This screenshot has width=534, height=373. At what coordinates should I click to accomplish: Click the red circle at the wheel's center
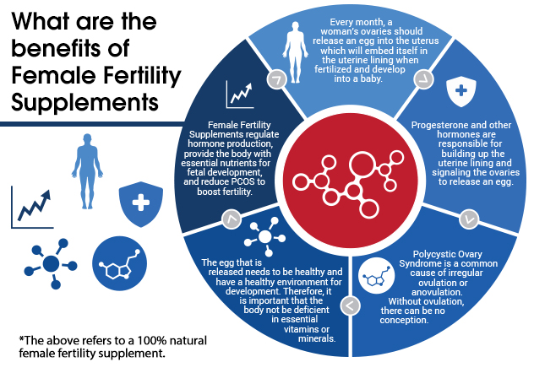click(x=350, y=181)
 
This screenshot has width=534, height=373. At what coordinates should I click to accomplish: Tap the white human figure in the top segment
click(x=295, y=52)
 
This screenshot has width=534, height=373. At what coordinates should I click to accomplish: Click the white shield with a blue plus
click(x=461, y=91)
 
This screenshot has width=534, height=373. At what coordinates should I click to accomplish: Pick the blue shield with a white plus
click(x=140, y=204)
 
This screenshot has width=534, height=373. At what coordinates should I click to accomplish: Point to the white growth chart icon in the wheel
click(x=240, y=95)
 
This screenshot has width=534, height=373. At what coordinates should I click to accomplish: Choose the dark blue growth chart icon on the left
click(x=32, y=207)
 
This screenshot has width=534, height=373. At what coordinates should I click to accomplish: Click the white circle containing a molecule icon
click(x=376, y=275)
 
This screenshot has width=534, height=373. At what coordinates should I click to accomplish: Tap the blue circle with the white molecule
click(x=119, y=263)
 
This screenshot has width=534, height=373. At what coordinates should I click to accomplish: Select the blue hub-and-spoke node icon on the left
click(x=51, y=263)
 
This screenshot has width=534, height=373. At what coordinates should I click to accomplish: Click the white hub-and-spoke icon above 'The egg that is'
click(x=265, y=236)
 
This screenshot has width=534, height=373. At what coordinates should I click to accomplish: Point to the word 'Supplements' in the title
click(x=84, y=102)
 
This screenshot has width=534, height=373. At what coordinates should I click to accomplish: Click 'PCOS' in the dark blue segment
click(x=242, y=181)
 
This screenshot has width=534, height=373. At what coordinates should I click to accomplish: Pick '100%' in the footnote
click(x=149, y=340)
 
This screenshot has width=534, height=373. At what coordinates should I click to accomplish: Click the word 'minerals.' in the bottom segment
click(x=317, y=338)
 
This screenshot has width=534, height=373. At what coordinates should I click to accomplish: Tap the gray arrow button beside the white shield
click(x=423, y=79)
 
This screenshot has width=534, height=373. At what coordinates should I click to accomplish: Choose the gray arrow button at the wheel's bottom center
click(x=350, y=305)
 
